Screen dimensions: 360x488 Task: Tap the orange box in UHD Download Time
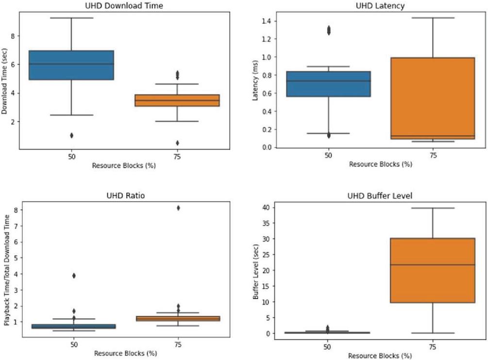[x=177, y=100]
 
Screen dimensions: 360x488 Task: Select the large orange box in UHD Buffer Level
[x=432, y=270]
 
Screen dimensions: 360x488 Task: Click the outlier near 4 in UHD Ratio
[x=73, y=275]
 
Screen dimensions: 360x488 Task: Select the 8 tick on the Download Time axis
[x=14, y=36]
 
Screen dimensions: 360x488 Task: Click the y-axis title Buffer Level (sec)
[x=255, y=270]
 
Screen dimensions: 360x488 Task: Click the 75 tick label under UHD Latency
[x=432, y=155]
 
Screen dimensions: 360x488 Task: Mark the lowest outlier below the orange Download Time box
[x=177, y=143]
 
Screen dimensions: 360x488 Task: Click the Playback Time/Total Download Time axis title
[x=7, y=271]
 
